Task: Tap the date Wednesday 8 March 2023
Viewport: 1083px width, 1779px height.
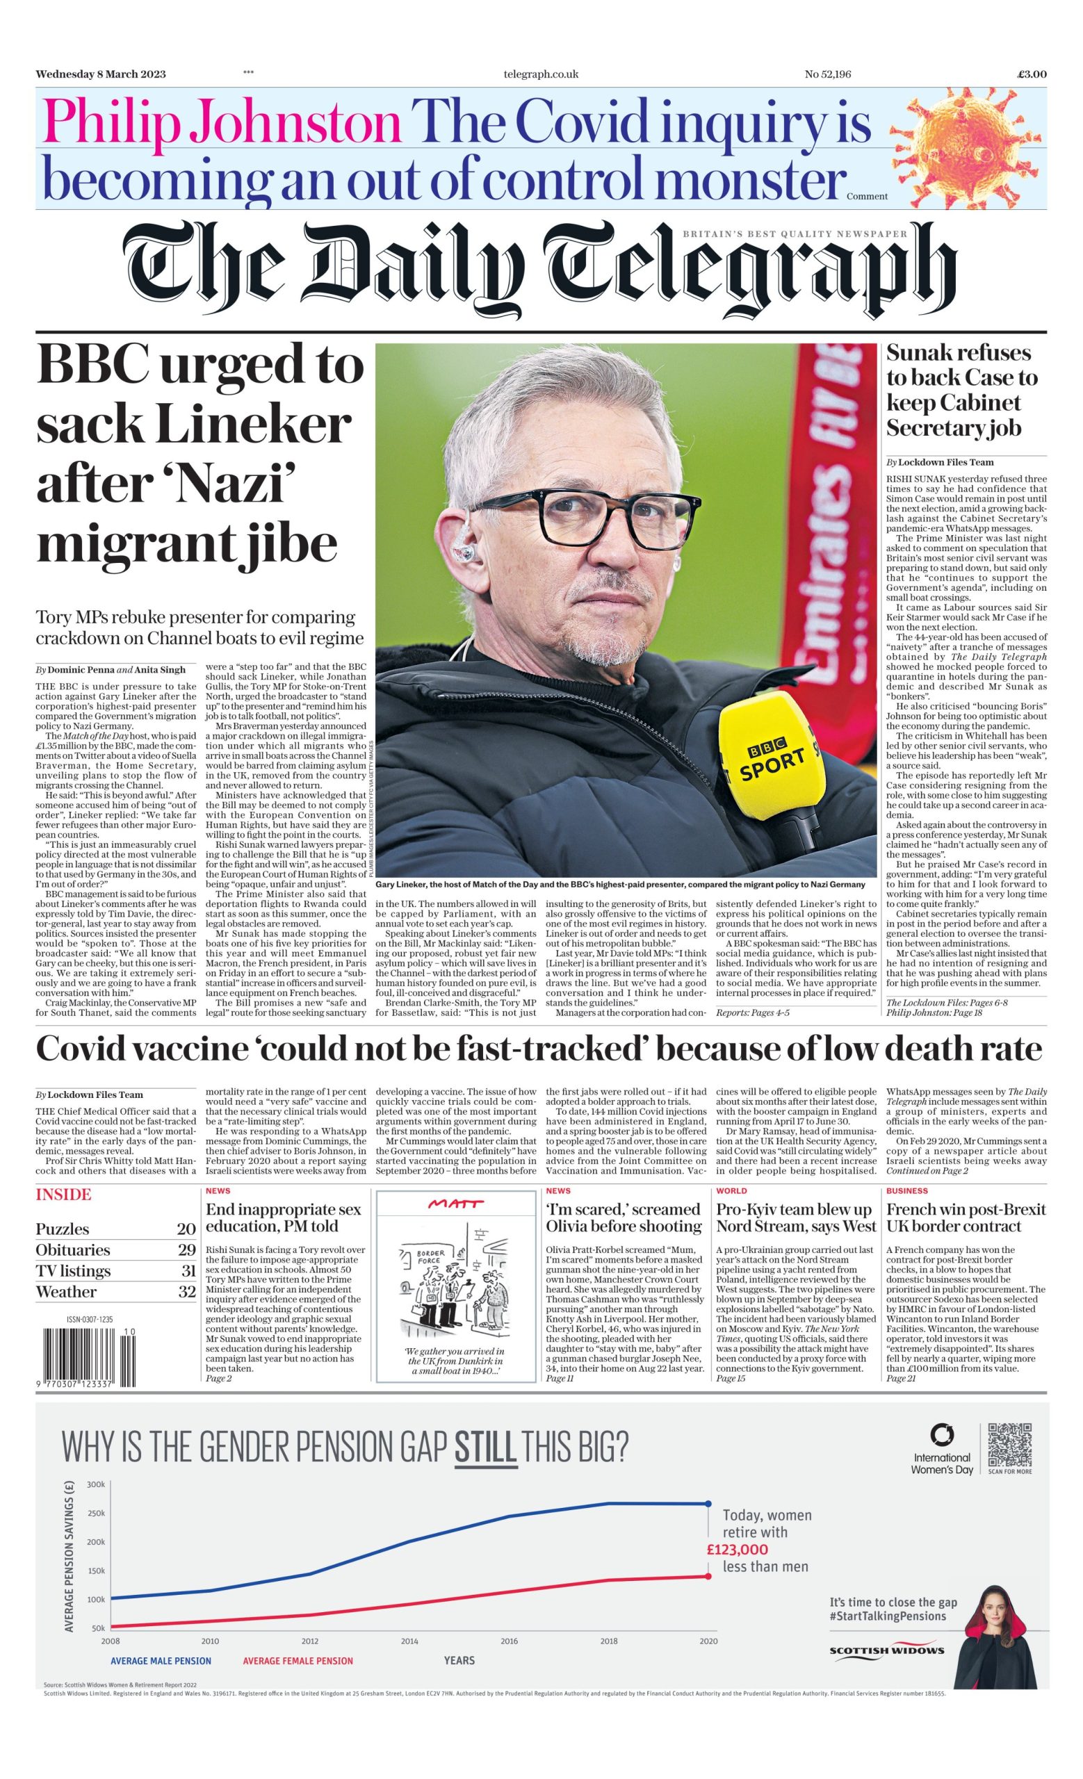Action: pos(100,74)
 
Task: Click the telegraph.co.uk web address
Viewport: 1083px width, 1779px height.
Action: pos(541,74)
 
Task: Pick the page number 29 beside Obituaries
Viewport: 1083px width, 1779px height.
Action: pos(186,1249)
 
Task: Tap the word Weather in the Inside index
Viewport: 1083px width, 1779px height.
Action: pos(67,1292)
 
